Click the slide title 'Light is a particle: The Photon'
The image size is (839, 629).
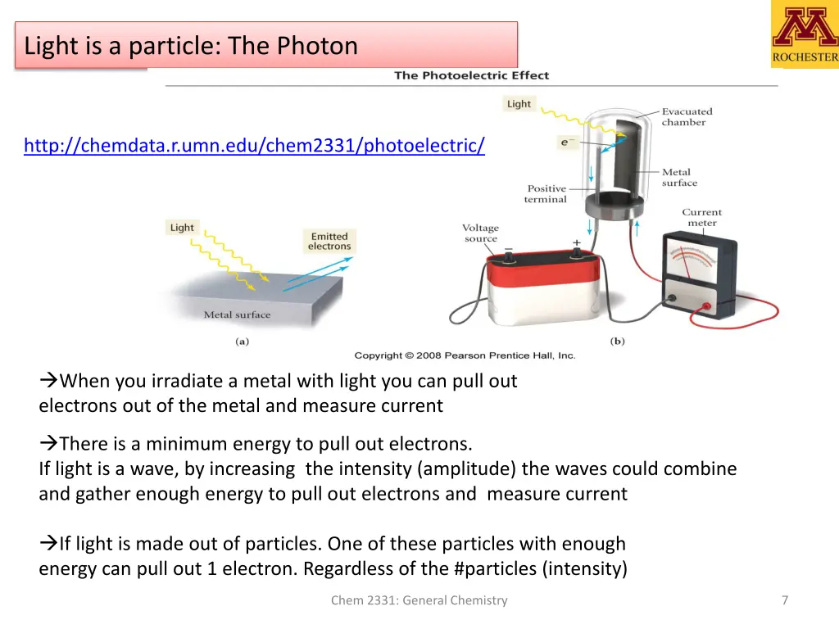pos(191,46)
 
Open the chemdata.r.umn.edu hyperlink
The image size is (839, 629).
pos(254,146)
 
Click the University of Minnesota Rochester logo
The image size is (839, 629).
pos(804,34)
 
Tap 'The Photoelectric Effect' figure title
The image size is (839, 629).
pos(471,75)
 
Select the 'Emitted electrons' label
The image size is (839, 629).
pos(329,242)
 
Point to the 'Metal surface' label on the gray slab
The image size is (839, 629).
pos(237,314)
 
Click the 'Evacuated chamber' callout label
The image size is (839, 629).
pos(687,116)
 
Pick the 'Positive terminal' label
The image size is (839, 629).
pos(546,194)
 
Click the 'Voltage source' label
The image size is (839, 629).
pos(480,233)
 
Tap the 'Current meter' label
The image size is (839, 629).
pos(701,217)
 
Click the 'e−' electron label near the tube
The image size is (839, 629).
pos(566,143)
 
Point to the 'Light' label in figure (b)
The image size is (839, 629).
pos(519,104)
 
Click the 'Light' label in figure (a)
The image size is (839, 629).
pos(182,228)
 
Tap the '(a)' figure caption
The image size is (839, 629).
pos(242,342)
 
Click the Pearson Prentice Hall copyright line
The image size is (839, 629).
pos(465,355)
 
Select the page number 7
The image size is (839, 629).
pos(784,600)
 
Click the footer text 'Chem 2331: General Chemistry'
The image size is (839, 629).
pos(419,600)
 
